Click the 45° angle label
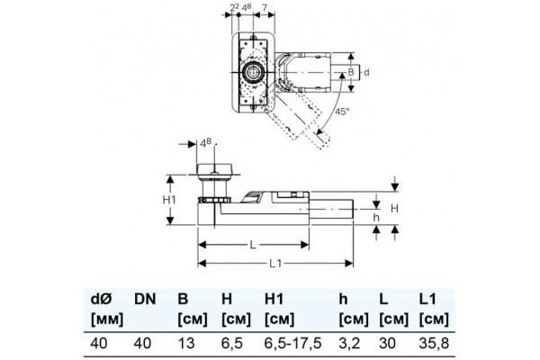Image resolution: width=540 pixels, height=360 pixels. tap(342, 112)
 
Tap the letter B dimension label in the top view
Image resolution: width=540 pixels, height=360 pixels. tap(351, 72)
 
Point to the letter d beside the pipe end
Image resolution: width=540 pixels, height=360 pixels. tap(366, 72)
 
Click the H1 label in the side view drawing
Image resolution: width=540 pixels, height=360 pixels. tap(169, 200)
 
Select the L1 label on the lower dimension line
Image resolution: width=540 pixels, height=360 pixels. tap(275, 264)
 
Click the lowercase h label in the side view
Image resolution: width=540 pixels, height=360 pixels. tap(376, 218)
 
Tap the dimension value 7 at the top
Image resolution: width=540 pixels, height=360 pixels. tap(265, 7)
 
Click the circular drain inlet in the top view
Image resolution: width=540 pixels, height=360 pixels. tap(252, 72)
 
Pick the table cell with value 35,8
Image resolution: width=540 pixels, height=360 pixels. tap(434, 343)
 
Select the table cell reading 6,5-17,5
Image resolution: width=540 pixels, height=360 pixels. tap(292, 343)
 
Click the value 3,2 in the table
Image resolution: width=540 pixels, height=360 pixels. tap(349, 343)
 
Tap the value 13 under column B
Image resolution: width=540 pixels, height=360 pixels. tap(186, 343)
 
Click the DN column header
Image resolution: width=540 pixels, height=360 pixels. tap(145, 299)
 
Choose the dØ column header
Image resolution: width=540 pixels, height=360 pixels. tap(101, 299)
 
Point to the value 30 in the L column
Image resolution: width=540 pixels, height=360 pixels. tap(387, 343)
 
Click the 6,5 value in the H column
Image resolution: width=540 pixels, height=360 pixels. tap(232, 343)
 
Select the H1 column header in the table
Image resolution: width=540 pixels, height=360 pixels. tap(274, 299)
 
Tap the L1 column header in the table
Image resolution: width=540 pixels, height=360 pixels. tap(427, 299)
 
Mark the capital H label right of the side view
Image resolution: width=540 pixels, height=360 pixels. tap(395, 209)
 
